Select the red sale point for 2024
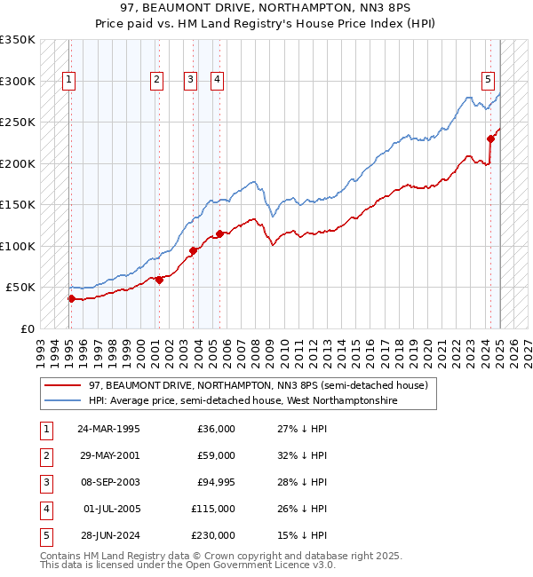(x=490, y=138)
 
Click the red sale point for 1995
(x=71, y=298)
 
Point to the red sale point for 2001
(x=159, y=280)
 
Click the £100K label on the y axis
(x=18, y=246)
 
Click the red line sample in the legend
(x=62, y=385)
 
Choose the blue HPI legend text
(x=243, y=400)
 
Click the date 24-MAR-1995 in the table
(x=108, y=429)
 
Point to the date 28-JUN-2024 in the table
(x=108, y=534)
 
